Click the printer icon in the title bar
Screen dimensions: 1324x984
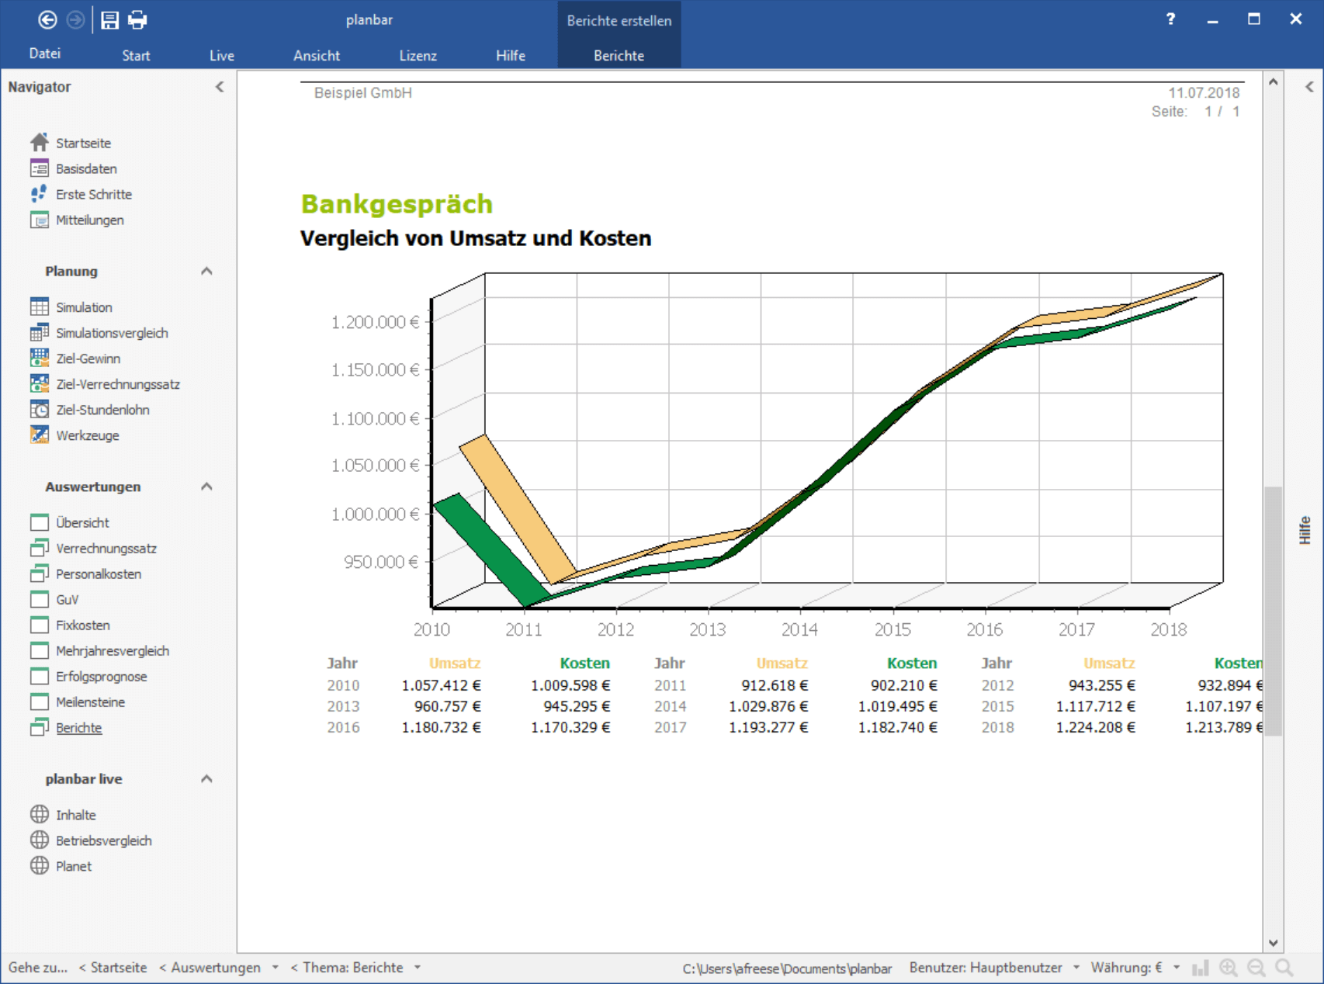point(137,20)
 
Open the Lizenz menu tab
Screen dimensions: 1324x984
point(418,56)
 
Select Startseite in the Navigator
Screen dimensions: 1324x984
point(83,143)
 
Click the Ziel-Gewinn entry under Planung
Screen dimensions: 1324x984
point(88,359)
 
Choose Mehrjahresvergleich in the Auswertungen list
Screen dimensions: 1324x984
point(113,651)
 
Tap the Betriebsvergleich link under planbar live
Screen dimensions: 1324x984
point(104,840)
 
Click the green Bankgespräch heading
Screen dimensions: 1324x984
point(397,204)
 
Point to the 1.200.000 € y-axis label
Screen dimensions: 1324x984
point(375,322)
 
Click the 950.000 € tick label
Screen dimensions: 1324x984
point(381,562)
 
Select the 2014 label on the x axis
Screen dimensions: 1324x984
point(799,629)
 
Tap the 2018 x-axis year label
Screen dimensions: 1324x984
point(1168,629)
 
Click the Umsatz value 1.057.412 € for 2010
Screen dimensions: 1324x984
point(441,685)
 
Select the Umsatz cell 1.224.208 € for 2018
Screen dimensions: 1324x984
point(1095,727)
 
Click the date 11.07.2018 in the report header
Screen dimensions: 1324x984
point(1204,93)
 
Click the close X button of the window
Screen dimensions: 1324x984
point(1295,19)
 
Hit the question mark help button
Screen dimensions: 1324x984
point(1170,19)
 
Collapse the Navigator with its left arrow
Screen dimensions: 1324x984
point(220,87)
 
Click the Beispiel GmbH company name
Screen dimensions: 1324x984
point(363,93)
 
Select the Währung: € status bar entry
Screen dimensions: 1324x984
point(1126,968)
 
